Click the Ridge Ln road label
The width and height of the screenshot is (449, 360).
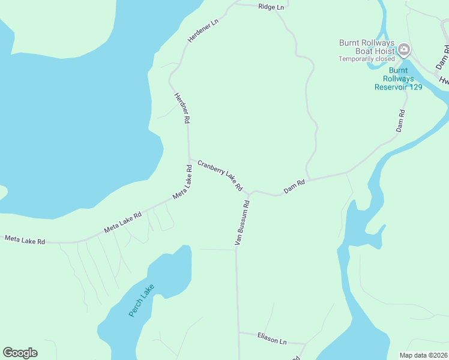click(271, 7)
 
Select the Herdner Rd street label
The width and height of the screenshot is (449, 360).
click(182, 108)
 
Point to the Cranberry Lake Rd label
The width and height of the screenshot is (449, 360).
click(220, 175)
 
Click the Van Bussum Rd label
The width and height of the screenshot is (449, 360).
click(242, 223)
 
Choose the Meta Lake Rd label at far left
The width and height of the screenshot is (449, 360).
click(25, 240)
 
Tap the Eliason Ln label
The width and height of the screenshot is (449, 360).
click(272, 339)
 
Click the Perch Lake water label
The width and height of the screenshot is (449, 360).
click(142, 300)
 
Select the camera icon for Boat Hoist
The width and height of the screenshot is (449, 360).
click(404, 49)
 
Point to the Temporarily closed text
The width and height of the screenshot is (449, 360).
click(367, 59)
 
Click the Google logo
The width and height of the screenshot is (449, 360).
click(20, 352)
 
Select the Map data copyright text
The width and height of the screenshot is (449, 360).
click(424, 355)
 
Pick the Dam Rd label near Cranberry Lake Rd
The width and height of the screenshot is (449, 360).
click(295, 187)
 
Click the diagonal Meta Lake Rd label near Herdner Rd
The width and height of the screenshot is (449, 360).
click(182, 186)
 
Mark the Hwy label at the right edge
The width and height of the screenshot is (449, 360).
click(444, 80)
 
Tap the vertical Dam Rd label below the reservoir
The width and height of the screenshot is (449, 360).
click(400, 121)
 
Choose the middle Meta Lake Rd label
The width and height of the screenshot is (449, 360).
click(123, 222)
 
